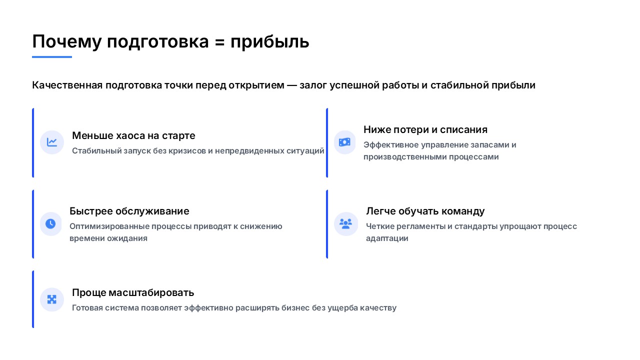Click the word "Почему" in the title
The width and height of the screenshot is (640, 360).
click(67, 41)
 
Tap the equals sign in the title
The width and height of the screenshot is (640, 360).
click(219, 42)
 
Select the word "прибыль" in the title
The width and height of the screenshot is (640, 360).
click(269, 42)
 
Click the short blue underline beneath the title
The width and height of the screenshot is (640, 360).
click(51, 57)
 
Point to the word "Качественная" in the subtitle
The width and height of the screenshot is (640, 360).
click(67, 85)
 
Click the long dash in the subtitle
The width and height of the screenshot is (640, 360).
click(291, 85)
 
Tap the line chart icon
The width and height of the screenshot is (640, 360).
click(51, 142)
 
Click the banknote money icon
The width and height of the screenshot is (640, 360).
click(344, 142)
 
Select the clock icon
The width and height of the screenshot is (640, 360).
click(50, 223)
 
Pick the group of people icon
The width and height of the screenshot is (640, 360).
click(345, 223)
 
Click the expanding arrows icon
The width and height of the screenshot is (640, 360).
click(51, 299)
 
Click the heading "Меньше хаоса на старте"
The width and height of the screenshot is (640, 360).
click(133, 135)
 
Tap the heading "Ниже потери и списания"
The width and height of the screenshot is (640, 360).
click(425, 129)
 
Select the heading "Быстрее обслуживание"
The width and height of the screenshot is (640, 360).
click(129, 211)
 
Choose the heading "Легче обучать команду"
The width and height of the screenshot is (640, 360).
click(425, 211)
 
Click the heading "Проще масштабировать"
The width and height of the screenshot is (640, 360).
click(133, 293)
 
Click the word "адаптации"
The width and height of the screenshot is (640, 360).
click(387, 238)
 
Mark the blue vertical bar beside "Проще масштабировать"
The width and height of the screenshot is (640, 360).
click(33, 299)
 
